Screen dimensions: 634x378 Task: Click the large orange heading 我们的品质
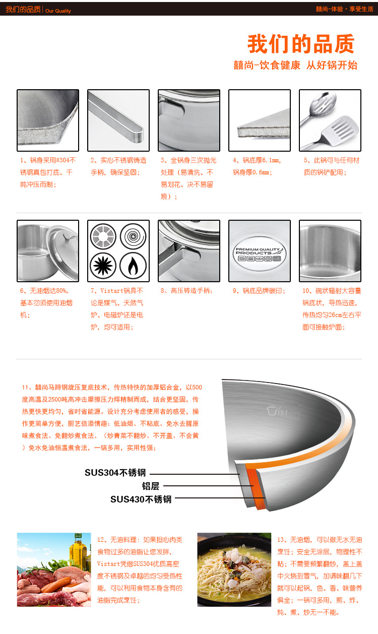(x=301, y=44)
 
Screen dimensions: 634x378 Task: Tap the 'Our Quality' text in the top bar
(x=58, y=11)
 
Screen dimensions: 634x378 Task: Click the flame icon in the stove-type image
(x=133, y=266)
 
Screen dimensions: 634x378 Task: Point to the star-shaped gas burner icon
(x=103, y=266)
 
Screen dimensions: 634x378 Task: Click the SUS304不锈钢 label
(x=115, y=473)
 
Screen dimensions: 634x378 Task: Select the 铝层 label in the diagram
(x=150, y=486)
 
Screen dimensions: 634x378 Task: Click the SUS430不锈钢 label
(x=141, y=499)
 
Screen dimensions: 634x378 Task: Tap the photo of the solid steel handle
(x=118, y=120)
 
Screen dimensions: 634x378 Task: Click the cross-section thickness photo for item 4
(x=260, y=120)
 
